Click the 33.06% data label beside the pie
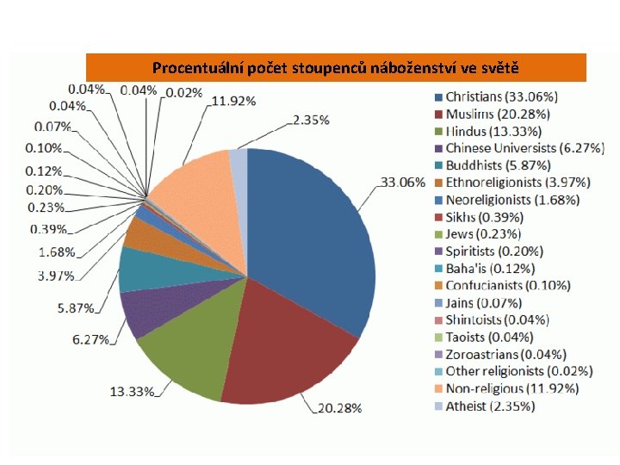[x=403, y=183]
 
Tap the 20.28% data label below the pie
[x=340, y=408]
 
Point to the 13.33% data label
[x=132, y=392]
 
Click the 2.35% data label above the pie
[x=311, y=120]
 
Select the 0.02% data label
[x=184, y=93]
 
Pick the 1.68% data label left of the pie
[x=57, y=251]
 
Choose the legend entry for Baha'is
[x=485, y=269]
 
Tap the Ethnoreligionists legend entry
[x=513, y=183]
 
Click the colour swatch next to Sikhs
[x=438, y=218]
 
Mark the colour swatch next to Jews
[x=438, y=234]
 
